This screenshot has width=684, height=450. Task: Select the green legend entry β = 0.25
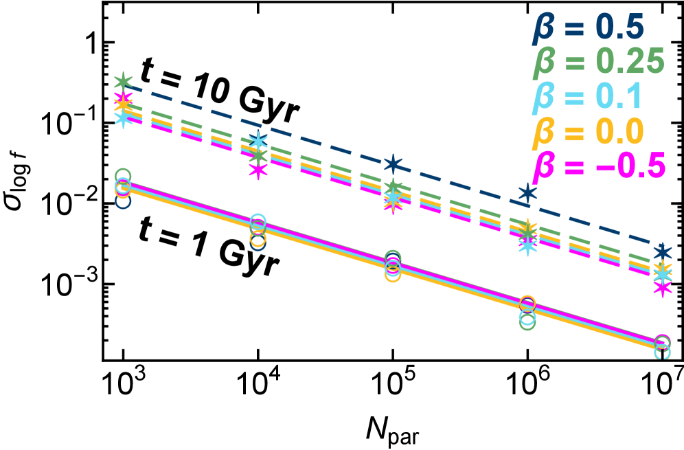coord(599,62)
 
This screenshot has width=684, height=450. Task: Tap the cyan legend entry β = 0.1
coord(587,96)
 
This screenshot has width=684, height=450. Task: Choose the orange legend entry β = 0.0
coord(589,131)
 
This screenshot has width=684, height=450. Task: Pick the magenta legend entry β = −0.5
coord(600,166)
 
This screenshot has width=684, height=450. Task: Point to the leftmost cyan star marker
coord(123,117)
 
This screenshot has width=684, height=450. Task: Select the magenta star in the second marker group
coord(258,168)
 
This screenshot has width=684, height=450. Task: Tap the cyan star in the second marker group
coord(258,141)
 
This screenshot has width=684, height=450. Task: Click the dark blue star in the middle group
coord(393,164)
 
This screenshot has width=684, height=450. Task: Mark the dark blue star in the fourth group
coord(527,192)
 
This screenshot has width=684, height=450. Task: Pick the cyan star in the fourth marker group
coord(527,245)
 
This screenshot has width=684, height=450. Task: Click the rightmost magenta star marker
coord(662,287)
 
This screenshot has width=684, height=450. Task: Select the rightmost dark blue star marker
coord(662,251)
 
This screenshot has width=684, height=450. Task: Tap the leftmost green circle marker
coord(123,176)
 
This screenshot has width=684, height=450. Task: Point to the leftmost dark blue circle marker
coord(123,201)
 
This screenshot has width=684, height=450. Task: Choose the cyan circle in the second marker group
coord(258,221)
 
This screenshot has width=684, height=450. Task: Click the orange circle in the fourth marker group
coord(527,303)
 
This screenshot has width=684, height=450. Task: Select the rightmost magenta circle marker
coord(662,341)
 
